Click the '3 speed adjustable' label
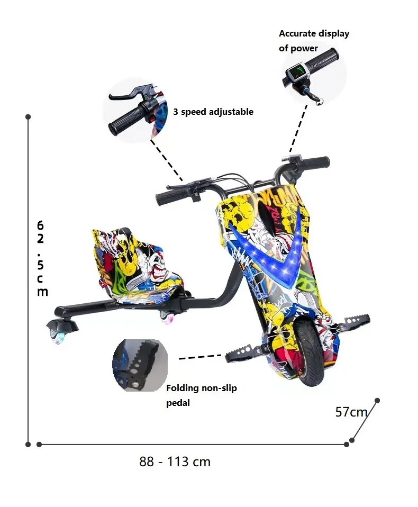click(x=213, y=112)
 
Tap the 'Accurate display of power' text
click(x=314, y=41)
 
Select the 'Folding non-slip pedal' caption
click(x=202, y=395)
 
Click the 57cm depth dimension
click(x=351, y=412)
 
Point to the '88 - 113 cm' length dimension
click(x=175, y=462)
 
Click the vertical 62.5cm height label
click(x=41, y=258)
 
